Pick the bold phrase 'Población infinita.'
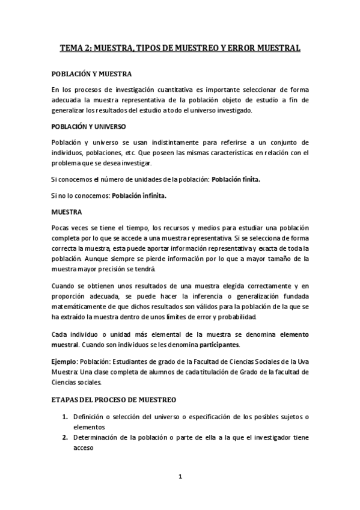139,195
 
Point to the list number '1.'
66,416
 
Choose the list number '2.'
66,437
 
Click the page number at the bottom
180,477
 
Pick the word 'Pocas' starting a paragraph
62,228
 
